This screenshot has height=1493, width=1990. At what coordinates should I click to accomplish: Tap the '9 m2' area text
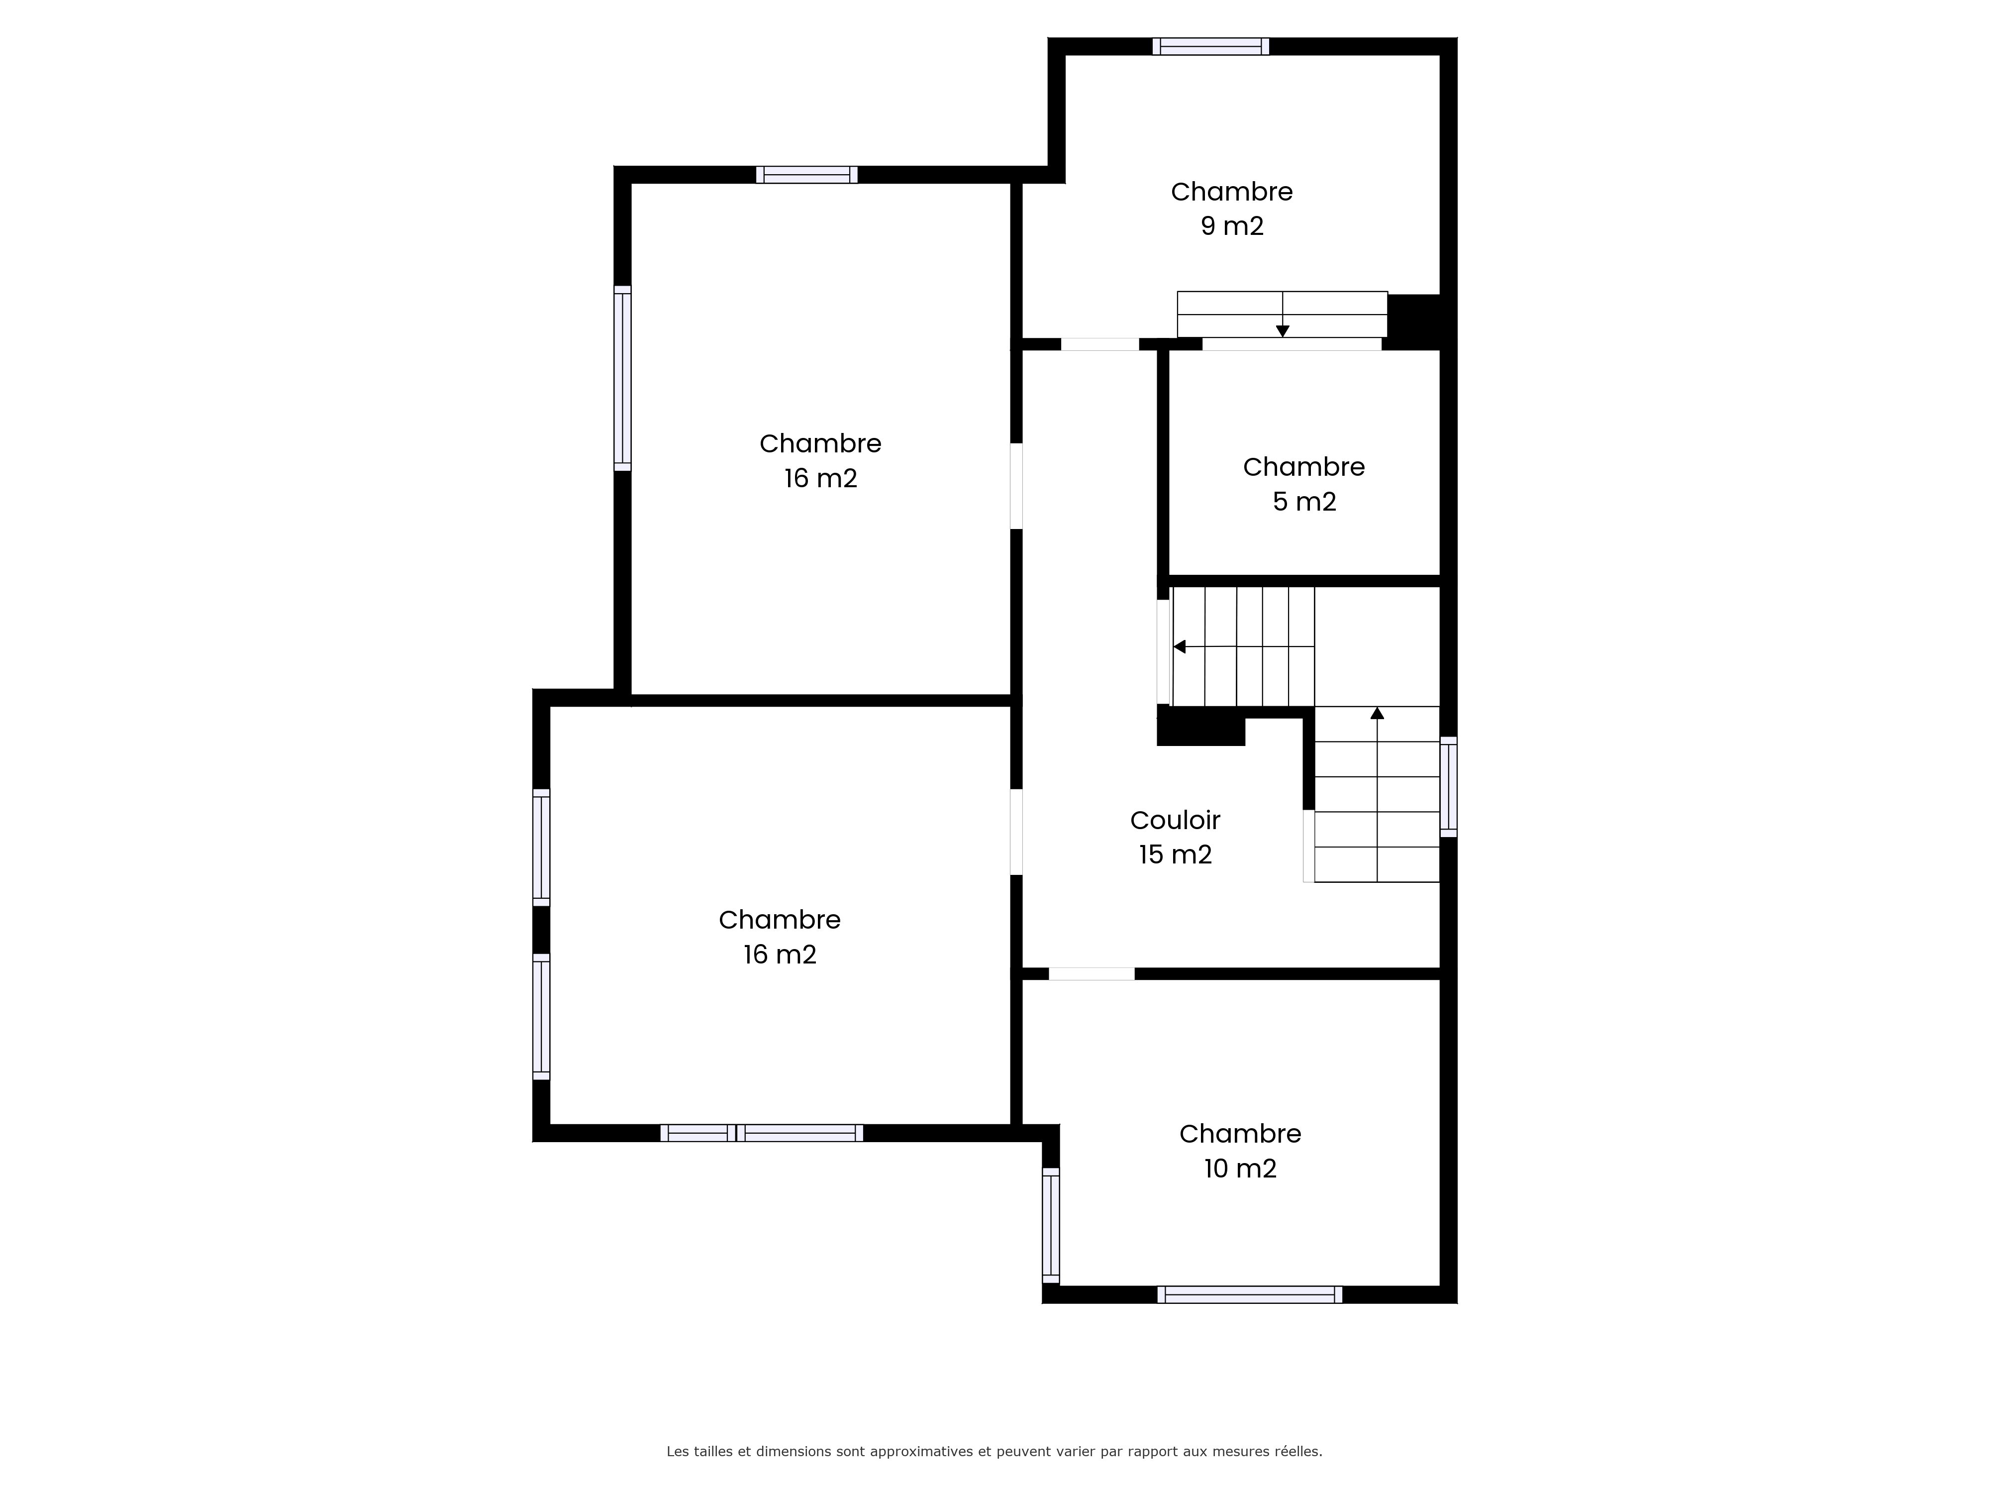(x=1232, y=226)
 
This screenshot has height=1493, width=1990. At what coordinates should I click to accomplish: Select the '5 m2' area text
(x=1303, y=501)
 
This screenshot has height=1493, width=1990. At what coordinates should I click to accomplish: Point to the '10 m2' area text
(x=1240, y=1168)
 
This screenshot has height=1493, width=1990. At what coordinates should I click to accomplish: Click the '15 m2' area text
(x=1175, y=854)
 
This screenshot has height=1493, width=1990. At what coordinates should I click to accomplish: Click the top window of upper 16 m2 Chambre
(x=806, y=175)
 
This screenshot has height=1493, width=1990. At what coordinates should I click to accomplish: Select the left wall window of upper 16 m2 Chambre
(x=622, y=378)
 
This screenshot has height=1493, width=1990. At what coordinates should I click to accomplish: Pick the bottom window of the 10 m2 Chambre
(x=1250, y=1294)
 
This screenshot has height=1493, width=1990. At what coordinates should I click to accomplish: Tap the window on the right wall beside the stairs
(x=1448, y=786)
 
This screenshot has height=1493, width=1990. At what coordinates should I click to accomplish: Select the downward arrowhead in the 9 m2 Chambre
(x=1283, y=331)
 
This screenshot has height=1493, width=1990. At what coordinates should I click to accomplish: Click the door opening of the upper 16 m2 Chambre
(x=1016, y=486)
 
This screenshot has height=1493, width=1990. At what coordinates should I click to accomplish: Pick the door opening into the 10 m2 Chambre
(x=1091, y=974)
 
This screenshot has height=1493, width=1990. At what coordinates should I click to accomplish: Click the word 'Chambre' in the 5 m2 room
(x=1303, y=467)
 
